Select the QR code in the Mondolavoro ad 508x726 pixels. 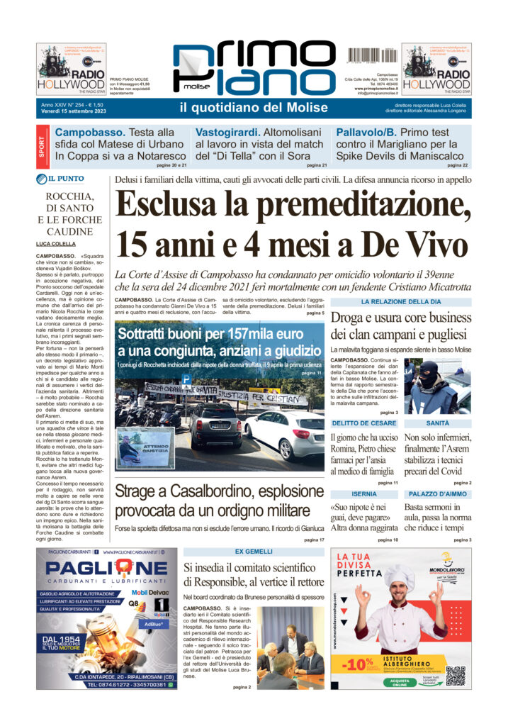pyautogui.click(x=456, y=676)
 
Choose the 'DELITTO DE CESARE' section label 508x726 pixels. pyautogui.click(x=364, y=423)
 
